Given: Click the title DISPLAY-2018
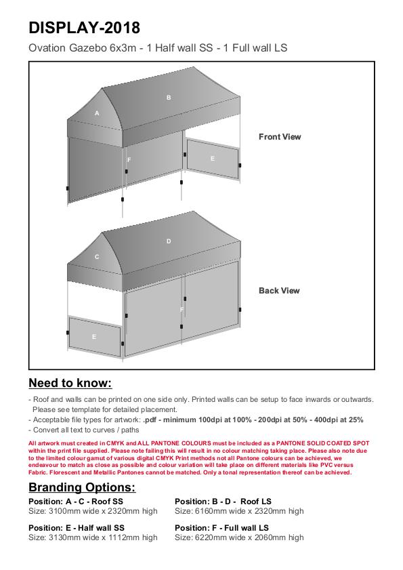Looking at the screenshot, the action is pos(84,28).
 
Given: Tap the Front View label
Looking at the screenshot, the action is pos(280,137).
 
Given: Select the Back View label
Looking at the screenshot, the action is pos(279,291).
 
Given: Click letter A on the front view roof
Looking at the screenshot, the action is pos(97,113).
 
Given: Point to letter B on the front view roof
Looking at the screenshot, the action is pos(169,98).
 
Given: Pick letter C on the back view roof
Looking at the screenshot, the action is pos(97,257).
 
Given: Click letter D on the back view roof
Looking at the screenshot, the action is pos(169,241).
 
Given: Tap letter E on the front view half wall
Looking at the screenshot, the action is pos(213,159).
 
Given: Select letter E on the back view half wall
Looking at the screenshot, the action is pos(94,337).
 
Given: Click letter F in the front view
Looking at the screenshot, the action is pos(129,160).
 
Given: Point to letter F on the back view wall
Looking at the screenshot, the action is pos(182,310).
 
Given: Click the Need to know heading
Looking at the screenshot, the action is pos(70,383).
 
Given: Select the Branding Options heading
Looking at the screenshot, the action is pos(82,487).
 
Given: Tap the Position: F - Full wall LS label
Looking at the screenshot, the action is pos(221,528).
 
